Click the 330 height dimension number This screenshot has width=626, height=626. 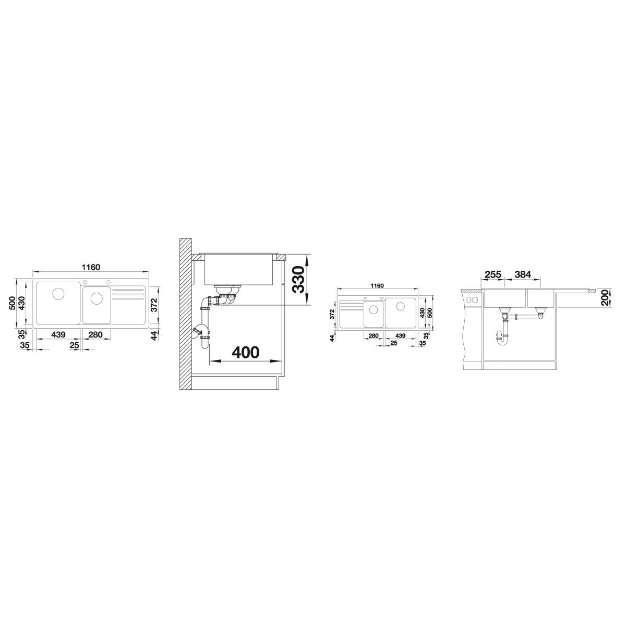298,280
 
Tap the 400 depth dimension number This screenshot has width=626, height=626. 246,352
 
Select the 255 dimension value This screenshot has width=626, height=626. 493,274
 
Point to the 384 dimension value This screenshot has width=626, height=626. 523,274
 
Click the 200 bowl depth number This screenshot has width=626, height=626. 606,297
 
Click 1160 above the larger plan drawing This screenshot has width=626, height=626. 91,268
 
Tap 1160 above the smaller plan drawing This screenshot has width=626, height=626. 377,286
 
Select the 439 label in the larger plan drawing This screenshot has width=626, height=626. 58,334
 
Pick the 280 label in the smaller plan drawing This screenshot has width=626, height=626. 374,335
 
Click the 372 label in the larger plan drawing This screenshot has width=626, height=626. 154,305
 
